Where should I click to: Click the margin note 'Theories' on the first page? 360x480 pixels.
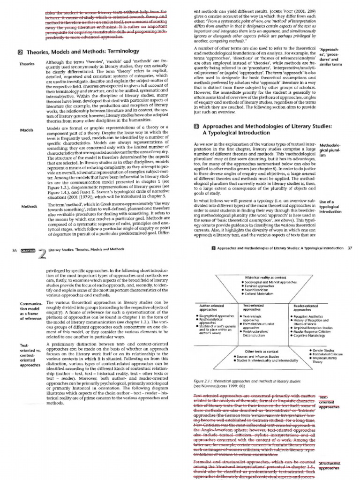[26, 63]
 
